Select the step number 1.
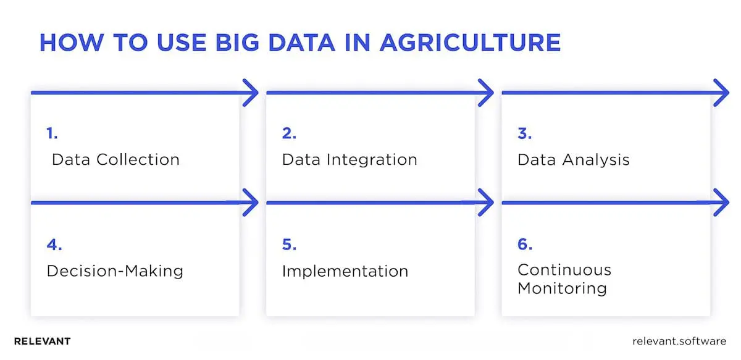point(51,133)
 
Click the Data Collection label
point(115,159)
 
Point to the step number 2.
point(289,133)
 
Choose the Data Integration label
point(350,159)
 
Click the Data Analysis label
point(573,159)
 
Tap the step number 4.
point(54,245)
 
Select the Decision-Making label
point(115,270)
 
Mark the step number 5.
point(289,245)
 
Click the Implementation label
point(345,270)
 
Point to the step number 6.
point(525,245)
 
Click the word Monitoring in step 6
point(562,288)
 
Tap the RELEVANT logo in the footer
point(42,341)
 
